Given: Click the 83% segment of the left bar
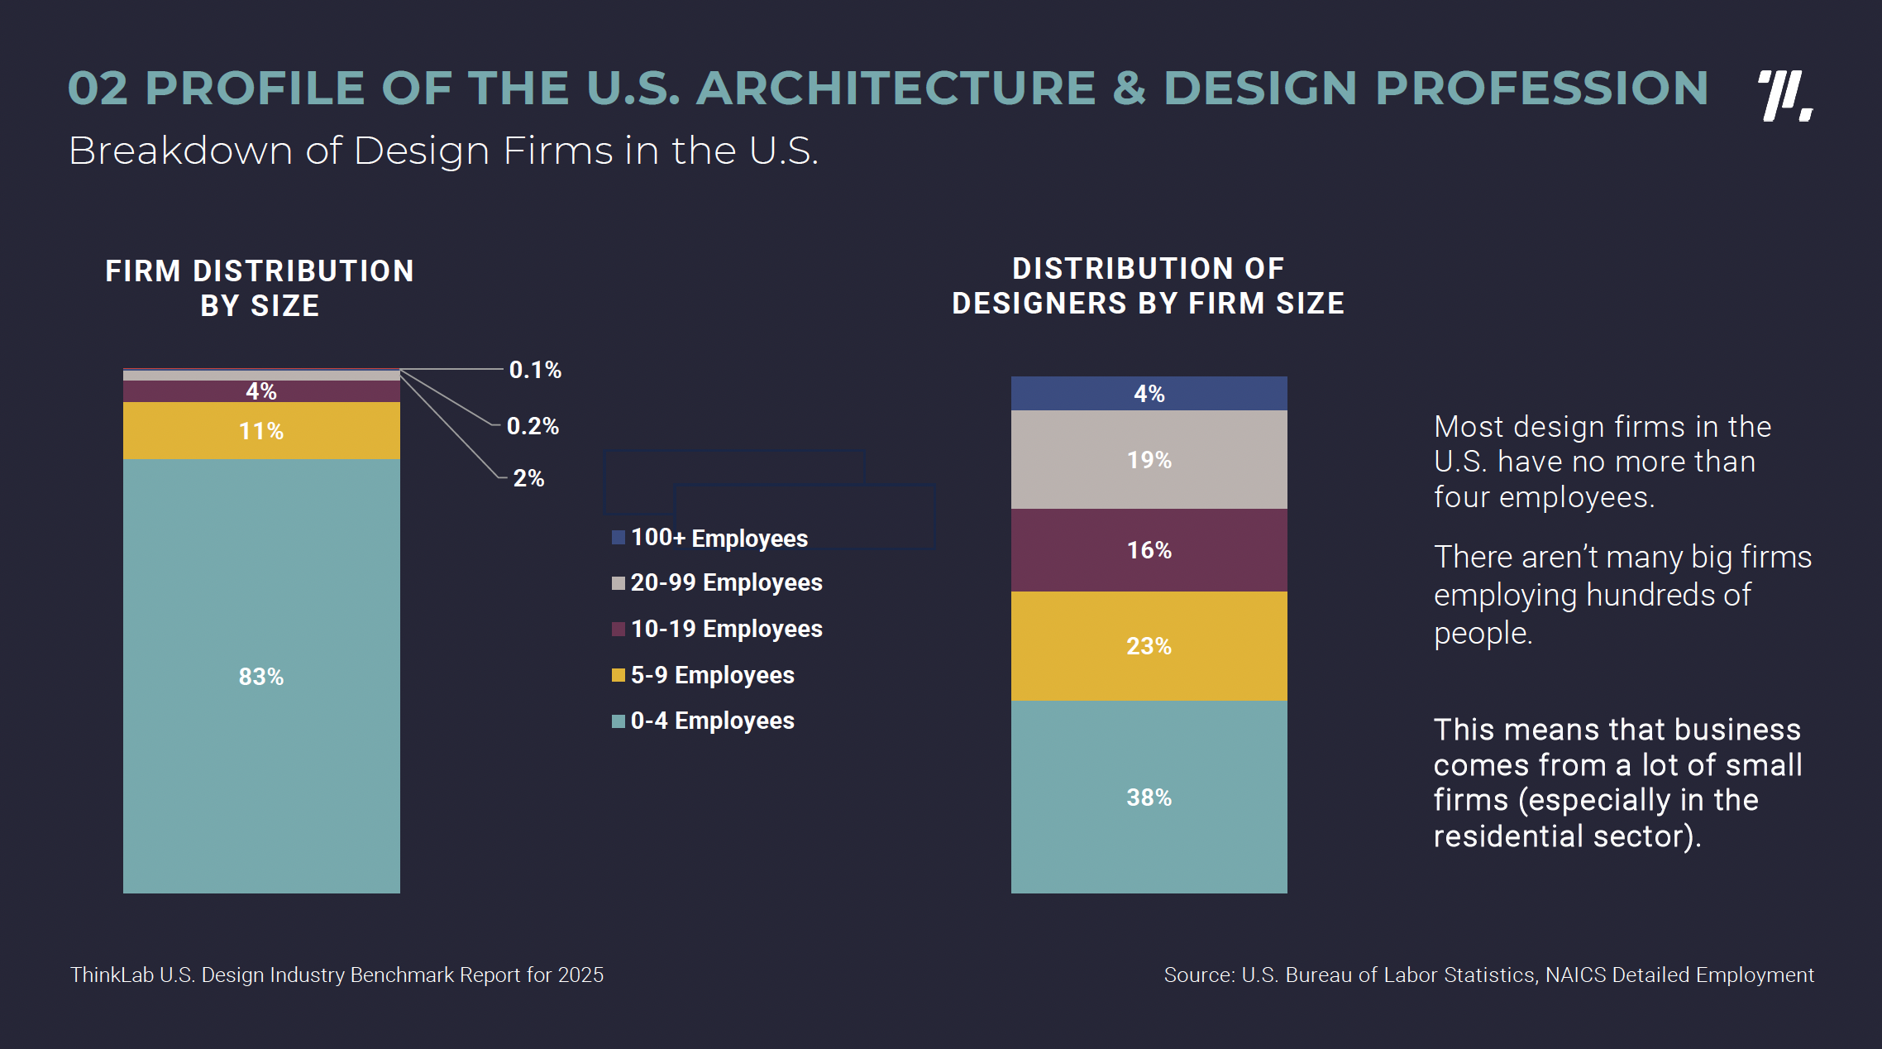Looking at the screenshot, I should point(261,676).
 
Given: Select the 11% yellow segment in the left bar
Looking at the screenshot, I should point(261,431).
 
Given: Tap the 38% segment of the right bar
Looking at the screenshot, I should point(1149,797).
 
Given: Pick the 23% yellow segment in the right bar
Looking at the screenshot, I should point(1149,646).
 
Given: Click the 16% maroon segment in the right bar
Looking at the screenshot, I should point(1149,550).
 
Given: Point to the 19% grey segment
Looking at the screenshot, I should point(1149,459).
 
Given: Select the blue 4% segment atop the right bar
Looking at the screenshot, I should point(1149,394).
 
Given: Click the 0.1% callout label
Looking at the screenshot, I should point(535,370).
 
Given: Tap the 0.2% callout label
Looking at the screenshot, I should point(533,426).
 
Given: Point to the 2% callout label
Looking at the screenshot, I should point(528,478).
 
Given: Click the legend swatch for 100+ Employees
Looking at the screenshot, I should point(619,538).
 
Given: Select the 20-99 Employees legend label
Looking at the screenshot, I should point(726,582).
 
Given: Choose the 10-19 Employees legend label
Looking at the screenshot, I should point(726,629).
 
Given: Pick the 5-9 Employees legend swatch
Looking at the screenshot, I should point(619,675).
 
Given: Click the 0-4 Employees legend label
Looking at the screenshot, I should point(712,721).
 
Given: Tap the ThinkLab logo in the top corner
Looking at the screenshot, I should point(1784,96).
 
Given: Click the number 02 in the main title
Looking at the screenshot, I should point(98,88).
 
